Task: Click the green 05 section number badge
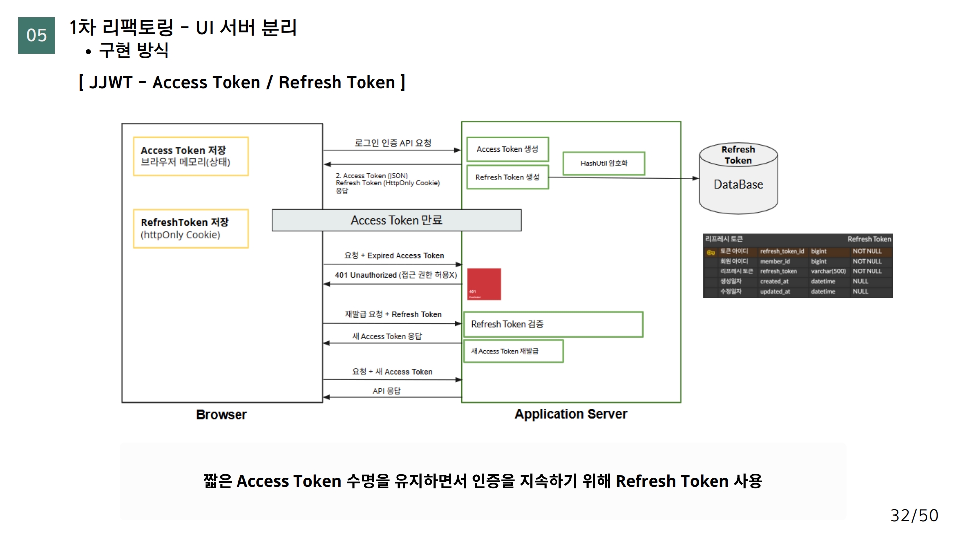point(36,35)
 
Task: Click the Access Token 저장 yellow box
point(191,156)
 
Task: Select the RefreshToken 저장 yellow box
point(191,229)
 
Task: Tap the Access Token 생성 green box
point(507,149)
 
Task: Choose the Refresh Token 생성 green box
point(507,178)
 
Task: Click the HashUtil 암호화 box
point(604,163)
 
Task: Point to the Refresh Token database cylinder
point(738,179)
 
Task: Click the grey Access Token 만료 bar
point(397,220)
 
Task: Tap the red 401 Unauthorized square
point(484,284)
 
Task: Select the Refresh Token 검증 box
point(553,324)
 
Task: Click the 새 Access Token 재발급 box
point(513,351)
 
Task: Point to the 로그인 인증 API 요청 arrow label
point(393,143)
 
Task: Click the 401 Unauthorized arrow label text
point(396,275)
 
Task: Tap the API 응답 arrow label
point(387,391)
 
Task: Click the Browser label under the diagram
point(222,415)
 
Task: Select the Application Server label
point(570,414)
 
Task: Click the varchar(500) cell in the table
point(828,271)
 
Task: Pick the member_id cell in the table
point(775,262)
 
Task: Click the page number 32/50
point(914,515)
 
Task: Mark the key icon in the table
point(711,252)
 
